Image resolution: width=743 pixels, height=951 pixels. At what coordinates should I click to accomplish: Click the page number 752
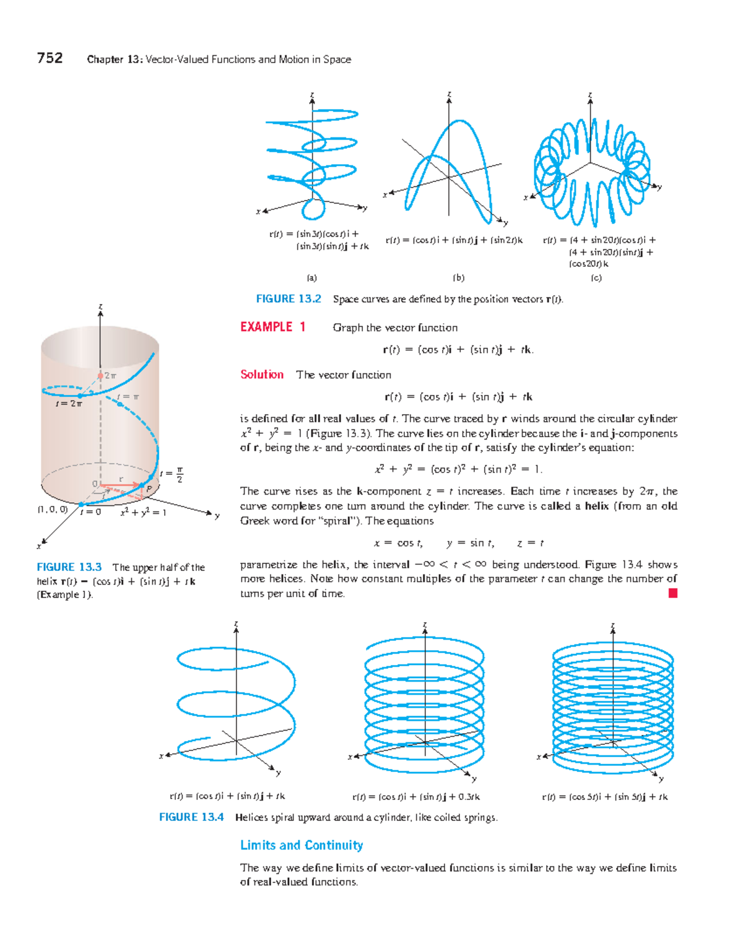(50, 58)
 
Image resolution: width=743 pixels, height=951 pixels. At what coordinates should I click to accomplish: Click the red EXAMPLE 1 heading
(272, 327)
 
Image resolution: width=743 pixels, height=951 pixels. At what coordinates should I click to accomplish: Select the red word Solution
(262, 375)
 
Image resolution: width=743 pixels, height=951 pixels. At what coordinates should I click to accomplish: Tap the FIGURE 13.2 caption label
(289, 299)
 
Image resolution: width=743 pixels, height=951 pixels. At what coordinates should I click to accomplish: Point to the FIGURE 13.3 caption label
(69, 567)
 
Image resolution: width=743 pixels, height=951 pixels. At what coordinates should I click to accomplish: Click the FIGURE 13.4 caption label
(191, 817)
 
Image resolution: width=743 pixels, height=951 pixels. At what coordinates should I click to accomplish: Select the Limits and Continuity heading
(302, 845)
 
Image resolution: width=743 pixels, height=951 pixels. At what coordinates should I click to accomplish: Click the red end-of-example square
(673, 593)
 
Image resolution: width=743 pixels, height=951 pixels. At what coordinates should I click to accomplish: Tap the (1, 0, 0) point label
(52, 510)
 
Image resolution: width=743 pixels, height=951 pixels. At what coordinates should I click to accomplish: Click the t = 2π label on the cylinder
(68, 404)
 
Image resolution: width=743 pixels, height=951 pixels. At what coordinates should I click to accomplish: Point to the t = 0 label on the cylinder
(90, 512)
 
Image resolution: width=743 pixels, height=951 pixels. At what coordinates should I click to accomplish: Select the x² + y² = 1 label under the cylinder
(143, 512)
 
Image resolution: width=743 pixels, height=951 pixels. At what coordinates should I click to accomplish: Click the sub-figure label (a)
(311, 278)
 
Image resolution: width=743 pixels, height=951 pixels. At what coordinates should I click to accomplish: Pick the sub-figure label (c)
(596, 278)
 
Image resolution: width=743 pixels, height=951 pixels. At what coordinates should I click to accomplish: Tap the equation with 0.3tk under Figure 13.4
(415, 797)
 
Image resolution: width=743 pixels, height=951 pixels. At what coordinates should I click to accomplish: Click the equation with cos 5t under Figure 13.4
(604, 797)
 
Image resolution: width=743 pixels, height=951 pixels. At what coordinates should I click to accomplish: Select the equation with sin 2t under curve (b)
(454, 240)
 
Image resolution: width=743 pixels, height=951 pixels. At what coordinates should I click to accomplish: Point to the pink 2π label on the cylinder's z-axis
(110, 376)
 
